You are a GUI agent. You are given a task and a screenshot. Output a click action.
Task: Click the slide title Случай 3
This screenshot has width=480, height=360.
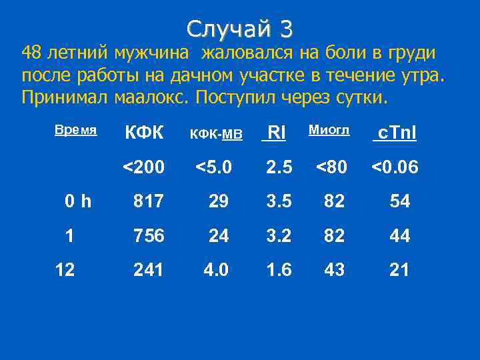pos(240,28)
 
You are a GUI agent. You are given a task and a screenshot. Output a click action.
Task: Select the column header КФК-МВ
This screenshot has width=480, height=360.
pos(217,134)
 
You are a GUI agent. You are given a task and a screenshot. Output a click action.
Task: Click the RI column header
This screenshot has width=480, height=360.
pos(276,133)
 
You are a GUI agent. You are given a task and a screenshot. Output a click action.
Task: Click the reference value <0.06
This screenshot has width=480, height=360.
pos(395,167)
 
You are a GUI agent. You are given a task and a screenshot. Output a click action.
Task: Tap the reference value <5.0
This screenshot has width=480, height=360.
pos(213,167)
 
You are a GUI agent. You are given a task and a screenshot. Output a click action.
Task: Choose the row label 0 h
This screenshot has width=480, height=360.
pos(79,201)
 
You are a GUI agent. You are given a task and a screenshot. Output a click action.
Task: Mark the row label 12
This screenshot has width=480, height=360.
pos(65,269)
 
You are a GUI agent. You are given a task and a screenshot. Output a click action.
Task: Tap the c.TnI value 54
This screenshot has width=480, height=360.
pos(399,201)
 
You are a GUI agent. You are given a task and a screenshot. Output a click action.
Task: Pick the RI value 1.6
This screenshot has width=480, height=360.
pos(279,269)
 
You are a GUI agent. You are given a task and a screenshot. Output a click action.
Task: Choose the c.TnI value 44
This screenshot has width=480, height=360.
pos(399,235)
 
